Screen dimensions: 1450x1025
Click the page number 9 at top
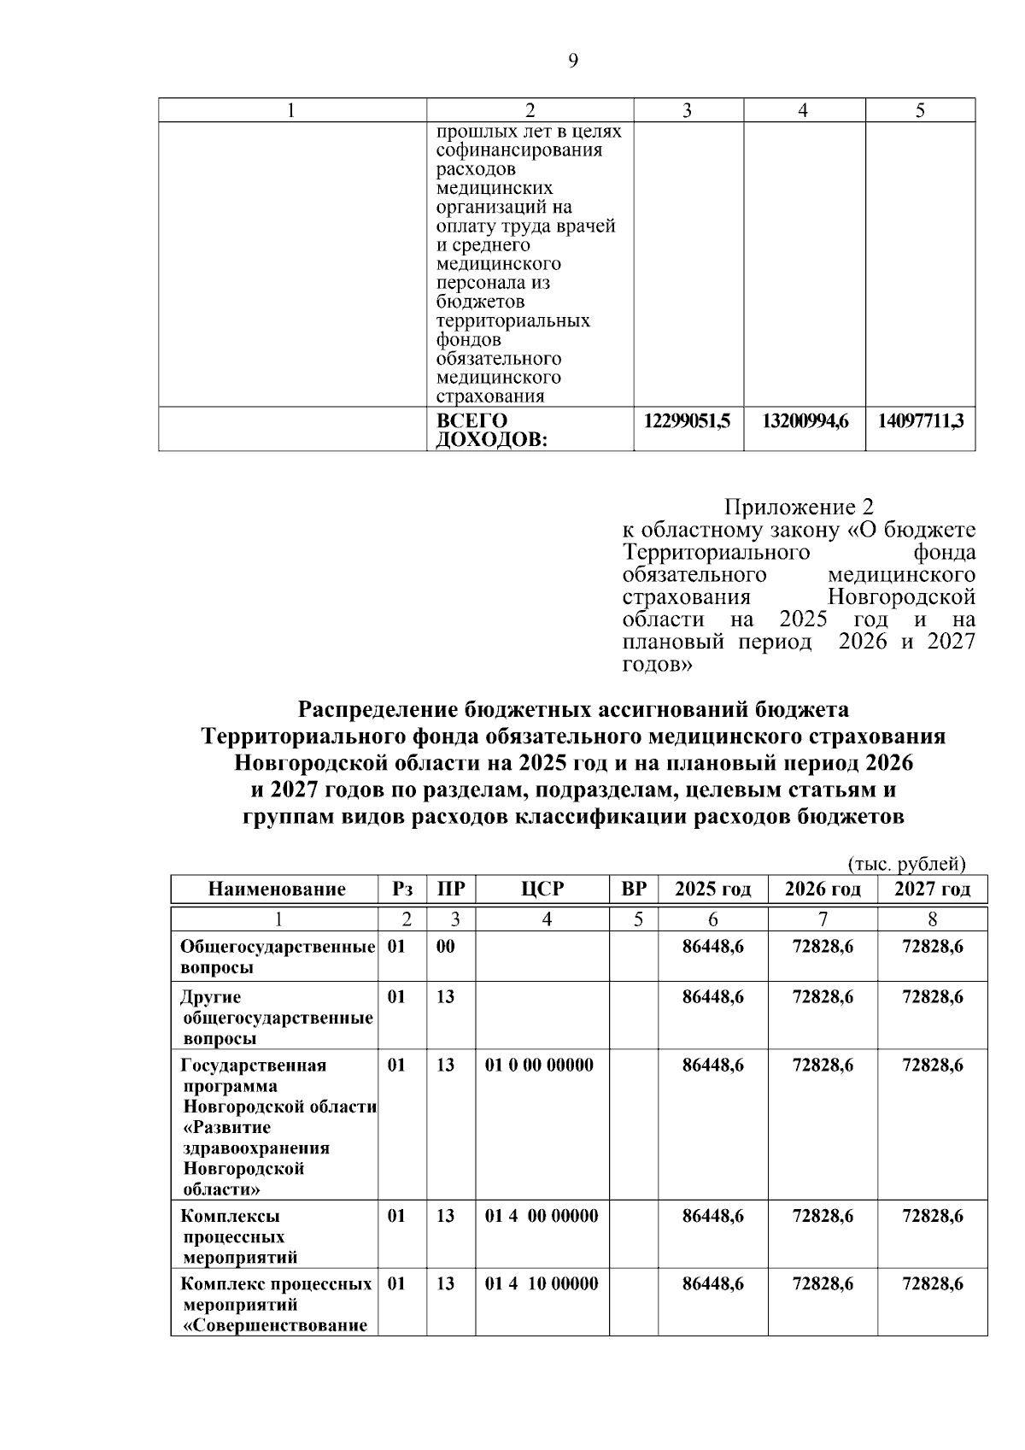pos(573,61)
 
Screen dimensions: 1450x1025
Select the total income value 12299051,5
pos(688,421)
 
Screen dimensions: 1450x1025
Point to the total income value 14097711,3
pos(921,421)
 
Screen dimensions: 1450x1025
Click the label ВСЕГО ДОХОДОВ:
pos(491,431)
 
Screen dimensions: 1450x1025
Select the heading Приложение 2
pos(799,508)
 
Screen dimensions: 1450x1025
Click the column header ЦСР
pos(542,889)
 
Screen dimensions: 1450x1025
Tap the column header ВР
pos(634,889)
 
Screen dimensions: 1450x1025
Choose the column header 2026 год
pos(823,889)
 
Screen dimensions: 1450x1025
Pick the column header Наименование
pos(277,889)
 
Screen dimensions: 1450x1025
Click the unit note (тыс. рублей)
pos(906,865)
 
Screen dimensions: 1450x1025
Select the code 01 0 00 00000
pos(539,1065)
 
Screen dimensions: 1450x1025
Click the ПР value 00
pos(446,947)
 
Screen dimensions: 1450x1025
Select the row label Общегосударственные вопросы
pos(278,957)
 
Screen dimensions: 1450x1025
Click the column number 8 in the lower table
pos(932,919)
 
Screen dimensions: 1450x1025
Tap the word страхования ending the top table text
pos(489,396)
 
